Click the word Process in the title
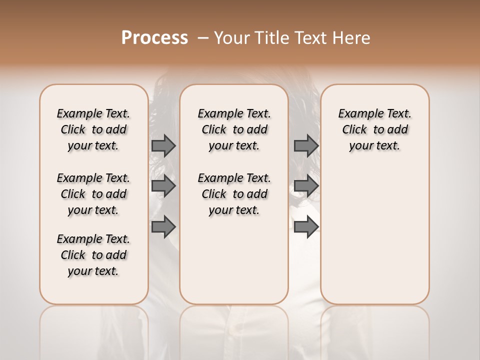(154, 38)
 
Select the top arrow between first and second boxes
(163, 146)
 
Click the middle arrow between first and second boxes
(163, 186)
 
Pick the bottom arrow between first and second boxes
(163, 227)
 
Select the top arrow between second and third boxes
(306, 146)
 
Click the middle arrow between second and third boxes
(306, 186)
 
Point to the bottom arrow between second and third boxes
(306, 227)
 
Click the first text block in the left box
(93, 129)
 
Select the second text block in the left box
(93, 194)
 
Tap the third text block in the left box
(93, 255)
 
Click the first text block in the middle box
(234, 129)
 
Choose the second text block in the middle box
(234, 194)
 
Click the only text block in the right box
(374, 129)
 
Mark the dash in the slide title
(203, 38)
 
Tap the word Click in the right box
(354, 130)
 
